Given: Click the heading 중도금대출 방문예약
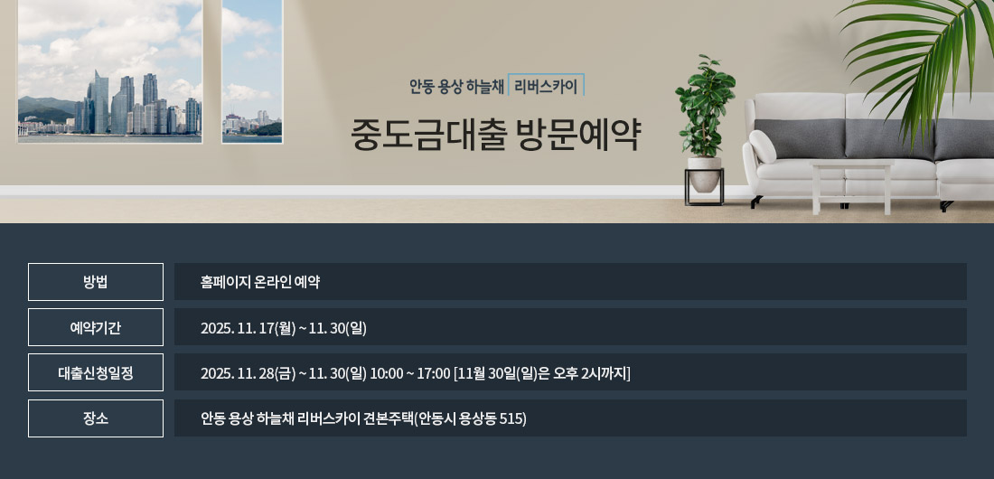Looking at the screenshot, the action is [496, 135].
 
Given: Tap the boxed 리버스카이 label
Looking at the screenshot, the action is [546, 86].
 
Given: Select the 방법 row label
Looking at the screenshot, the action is [96, 282].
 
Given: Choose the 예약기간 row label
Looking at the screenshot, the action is [96, 327].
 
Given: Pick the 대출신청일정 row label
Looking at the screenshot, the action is [96, 373].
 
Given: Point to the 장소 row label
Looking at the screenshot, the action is [96, 418].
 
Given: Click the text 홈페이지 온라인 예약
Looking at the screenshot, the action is [260, 282].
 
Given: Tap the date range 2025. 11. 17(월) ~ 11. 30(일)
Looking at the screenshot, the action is [284, 328].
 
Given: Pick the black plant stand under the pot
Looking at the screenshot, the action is [704, 186].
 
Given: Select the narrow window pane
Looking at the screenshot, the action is [252, 70].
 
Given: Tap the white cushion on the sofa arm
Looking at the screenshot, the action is [762, 146].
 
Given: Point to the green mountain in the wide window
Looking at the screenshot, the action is [46, 108].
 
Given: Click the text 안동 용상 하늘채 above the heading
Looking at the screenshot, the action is [456, 86].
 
